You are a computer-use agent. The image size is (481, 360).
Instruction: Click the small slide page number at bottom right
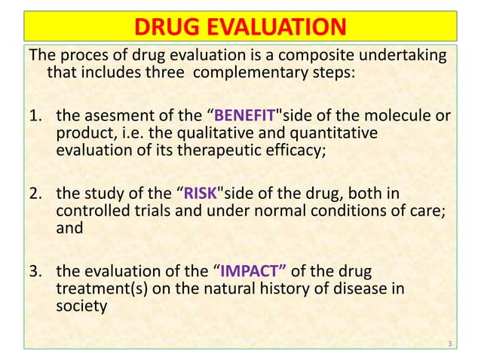click(x=449, y=344)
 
